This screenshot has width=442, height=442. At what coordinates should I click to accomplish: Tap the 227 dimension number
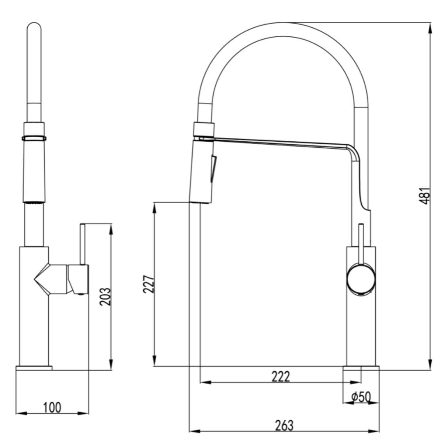[149, 284]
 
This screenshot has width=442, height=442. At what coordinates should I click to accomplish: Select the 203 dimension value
[105, 297]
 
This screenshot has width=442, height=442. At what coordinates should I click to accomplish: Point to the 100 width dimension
[52, 407]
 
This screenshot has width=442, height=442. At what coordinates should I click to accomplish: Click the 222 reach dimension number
[281, 377]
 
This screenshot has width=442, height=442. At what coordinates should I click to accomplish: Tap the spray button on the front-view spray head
[213, 169]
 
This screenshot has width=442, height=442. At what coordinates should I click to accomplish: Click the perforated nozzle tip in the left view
[34, 201]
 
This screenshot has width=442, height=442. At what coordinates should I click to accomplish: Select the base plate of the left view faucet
[34, 368]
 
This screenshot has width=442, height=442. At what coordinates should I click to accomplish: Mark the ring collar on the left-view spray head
[34, 138]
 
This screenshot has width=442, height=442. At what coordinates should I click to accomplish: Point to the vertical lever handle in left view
[83, 244]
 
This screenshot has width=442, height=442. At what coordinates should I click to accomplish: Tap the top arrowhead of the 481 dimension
[431, 29]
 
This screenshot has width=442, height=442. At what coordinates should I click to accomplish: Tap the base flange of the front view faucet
[361, 368]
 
